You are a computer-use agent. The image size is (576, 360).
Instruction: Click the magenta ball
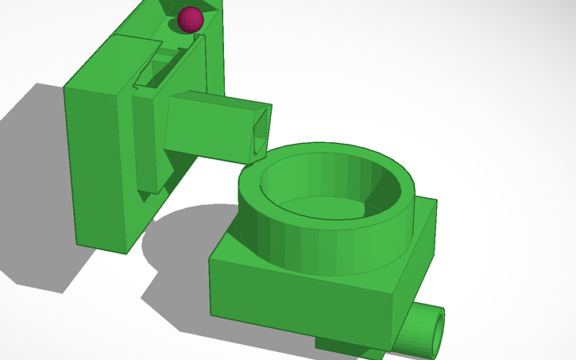pos(190,20)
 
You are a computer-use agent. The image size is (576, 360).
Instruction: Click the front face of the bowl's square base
pos(302,302)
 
